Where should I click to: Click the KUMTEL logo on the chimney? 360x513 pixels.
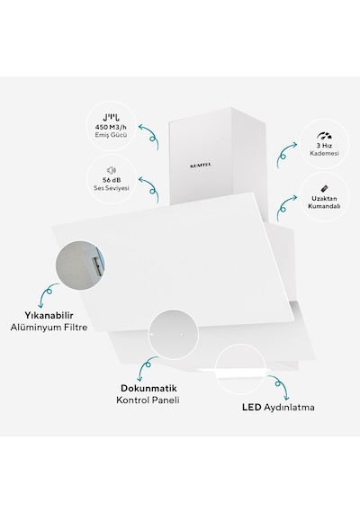click(x=201, y=166)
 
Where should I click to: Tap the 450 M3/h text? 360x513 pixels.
click(x=111, y=127)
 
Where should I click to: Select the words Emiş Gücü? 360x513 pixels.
click(x=111, y=135)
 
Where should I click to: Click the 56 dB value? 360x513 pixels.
click(x=112, y=180)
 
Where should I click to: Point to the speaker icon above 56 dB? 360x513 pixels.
click(x=112, y=170)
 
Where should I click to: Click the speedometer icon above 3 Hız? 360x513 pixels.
click(x=324, y=136)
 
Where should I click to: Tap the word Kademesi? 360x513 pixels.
click(x=324, y=153)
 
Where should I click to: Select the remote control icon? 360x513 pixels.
click(x=324, y=189)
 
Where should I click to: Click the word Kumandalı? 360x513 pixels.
click(x=324, y=206)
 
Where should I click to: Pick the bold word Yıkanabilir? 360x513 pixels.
click(x=49, y=315)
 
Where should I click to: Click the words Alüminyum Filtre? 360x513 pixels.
click(x=49, y=328)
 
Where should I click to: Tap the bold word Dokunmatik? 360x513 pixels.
click(x=148, y=388)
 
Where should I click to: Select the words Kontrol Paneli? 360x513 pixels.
click(x=148, y=400)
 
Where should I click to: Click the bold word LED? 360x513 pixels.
click(x=252, y=408)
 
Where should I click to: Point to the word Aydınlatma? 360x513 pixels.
click(x=289, y=408)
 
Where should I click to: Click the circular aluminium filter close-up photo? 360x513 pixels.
click(x=80, y=265)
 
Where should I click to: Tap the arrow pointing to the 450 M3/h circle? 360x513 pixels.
click(x=151, y=137)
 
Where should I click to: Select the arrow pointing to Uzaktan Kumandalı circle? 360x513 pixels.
click(x=283, y=208)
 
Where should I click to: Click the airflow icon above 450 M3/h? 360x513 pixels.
click(x=111, y=117)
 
